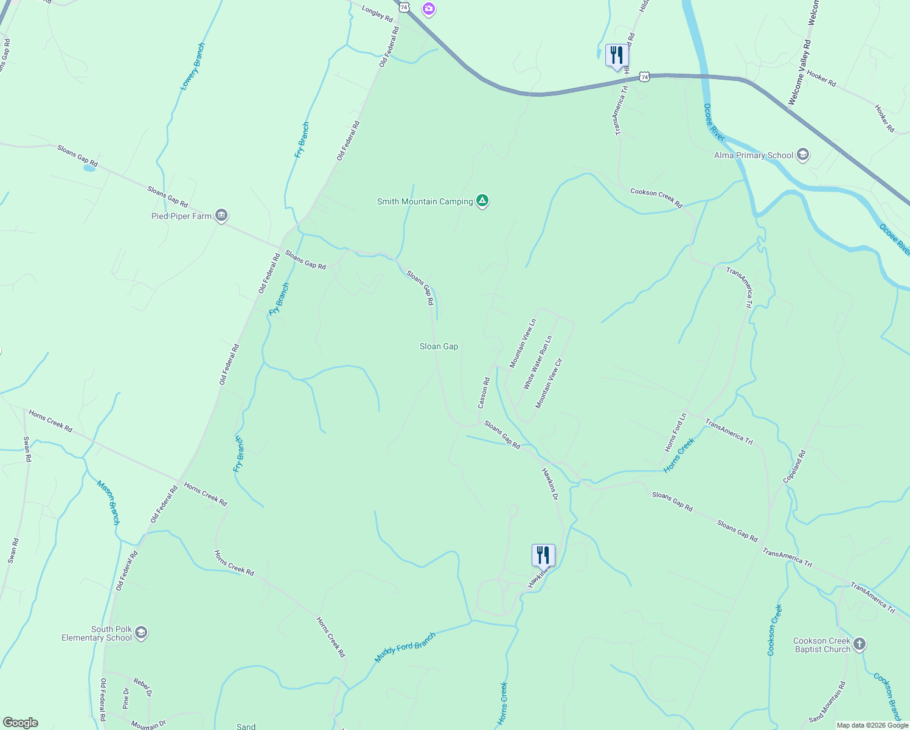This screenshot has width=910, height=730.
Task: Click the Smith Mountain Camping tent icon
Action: click(x=482, y=201)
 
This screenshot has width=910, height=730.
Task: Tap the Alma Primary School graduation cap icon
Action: click(x=803, y=155)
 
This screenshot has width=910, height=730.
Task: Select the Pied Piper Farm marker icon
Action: click(x=222, y=216)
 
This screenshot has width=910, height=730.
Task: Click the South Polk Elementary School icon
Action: click(x=141, y=633)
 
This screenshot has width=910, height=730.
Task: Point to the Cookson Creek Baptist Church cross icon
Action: click(x=859, y=644)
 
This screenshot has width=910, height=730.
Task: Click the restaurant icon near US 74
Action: click(x=617, y=56)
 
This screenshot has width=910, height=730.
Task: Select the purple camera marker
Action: click(x=429, y=9)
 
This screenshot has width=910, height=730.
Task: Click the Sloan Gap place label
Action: click(x=439, y=346)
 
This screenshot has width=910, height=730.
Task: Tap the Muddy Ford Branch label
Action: click(x=405, y=648)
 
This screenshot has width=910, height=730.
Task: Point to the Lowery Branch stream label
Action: click(x=193, y=67)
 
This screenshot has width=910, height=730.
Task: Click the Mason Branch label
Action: click(x=108, y=502)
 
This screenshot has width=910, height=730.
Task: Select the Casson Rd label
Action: click(x=484, y=394)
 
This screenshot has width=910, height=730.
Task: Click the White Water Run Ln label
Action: click(x=538, y=363)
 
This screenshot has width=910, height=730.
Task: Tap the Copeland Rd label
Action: click(x=794, y=467)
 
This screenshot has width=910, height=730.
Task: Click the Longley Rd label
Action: click(x=377, y=13)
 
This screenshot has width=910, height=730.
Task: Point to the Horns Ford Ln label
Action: click(x=675, y=433)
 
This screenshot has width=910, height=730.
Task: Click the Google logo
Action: click(x=20, y=723)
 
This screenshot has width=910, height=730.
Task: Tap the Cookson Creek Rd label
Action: click(x=656, y=198)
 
